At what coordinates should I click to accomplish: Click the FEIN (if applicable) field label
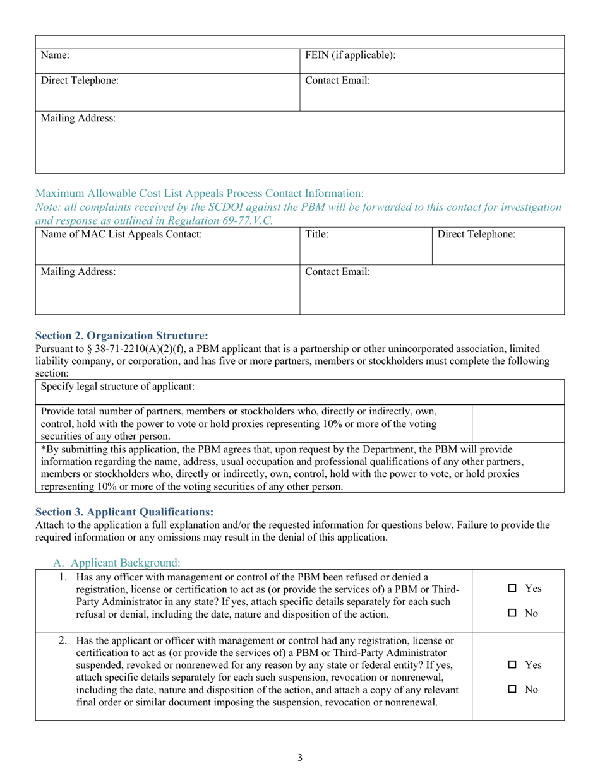click(x=351, y=56)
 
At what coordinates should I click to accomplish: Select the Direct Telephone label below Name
click(x=80, y=81)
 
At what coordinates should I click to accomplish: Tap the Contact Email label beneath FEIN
click(x=337, y=81)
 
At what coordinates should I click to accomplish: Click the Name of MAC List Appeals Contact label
click(x=121, y=235)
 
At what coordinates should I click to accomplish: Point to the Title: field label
click(x=317, y=235)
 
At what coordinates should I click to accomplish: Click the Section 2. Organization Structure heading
click(x=121, y=335)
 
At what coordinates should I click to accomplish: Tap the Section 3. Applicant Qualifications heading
click(x=124, y=512)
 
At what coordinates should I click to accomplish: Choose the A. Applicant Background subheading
click(x=117, y=561)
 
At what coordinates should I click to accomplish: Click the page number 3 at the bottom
click(x=300, y=758)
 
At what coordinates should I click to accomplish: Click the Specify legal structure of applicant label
click(x=117, y=386)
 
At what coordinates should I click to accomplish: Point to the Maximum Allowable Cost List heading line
click(x=200, y=192)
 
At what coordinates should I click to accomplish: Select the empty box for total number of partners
click(x=518, y=423)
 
